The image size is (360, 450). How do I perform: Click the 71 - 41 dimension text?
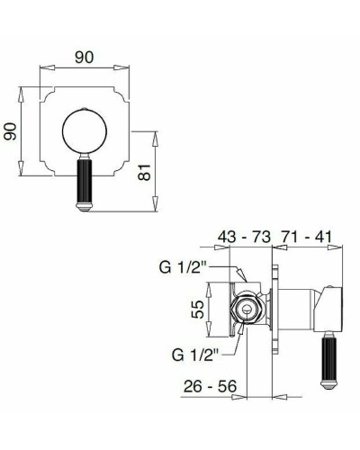point(307,238)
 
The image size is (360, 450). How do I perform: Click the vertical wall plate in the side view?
point(273,310)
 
